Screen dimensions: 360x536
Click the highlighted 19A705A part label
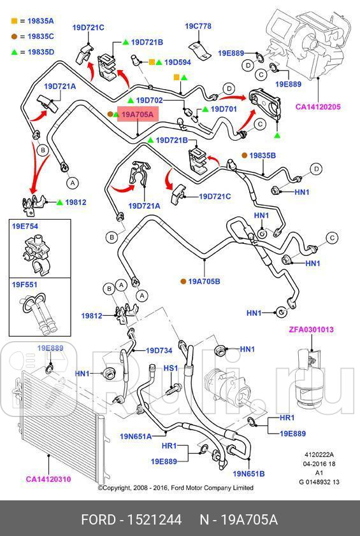(138, 114)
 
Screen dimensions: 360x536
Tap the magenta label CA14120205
(318, 107)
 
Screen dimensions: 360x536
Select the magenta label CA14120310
(48, 479)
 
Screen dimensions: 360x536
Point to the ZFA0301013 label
(311, 330)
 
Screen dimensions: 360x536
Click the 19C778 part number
(198, 26)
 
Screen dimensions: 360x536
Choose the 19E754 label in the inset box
(25, 226)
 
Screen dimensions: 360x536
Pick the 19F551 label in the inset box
(25, 285)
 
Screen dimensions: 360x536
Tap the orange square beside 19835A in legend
(14, 21)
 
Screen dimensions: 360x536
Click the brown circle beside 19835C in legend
(13, 36)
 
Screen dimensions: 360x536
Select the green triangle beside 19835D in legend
(14, 52)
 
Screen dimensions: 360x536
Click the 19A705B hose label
(204, 281)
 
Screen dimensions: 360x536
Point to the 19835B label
(263, 155)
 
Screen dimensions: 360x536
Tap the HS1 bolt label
(170, 368)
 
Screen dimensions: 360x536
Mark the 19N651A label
(136, 437)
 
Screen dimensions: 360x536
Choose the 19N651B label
(248, 474)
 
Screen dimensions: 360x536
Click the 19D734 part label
(159, 350)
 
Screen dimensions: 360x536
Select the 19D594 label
(178, 62)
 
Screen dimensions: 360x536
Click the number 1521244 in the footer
(154, 520)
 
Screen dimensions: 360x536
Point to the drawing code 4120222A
(319, 455)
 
